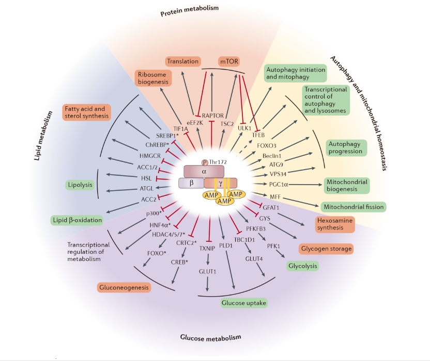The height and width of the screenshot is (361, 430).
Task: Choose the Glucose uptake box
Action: (244, 303)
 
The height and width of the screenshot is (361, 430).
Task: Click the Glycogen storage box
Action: (326, 249)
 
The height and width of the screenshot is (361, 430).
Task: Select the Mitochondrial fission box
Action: (353, 207)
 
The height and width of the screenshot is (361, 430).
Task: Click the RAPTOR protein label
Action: (211, 116)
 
